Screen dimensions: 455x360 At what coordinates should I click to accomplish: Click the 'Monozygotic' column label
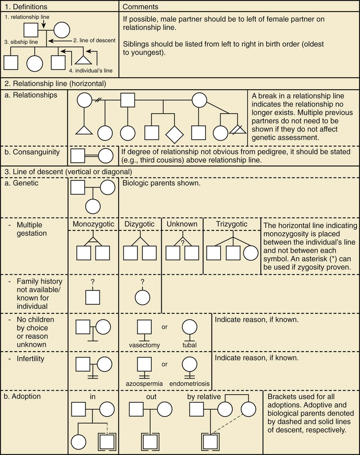93,224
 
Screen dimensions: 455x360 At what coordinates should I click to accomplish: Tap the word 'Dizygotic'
139,224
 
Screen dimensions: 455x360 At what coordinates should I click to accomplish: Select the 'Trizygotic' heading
232,224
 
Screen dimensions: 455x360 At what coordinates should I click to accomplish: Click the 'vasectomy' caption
144,345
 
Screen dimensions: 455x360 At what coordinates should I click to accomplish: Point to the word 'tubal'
189,345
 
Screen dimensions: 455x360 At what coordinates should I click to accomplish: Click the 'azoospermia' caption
145,383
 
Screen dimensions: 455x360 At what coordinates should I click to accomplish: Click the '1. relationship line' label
27,17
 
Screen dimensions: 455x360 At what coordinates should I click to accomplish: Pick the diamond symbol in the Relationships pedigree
174,132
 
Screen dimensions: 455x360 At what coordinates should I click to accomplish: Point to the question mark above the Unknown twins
182,242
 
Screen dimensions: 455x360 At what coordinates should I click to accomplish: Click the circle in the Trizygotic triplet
250,253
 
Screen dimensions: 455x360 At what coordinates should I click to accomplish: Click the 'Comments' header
140,6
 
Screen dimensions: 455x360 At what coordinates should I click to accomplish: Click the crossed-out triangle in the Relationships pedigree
238,132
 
